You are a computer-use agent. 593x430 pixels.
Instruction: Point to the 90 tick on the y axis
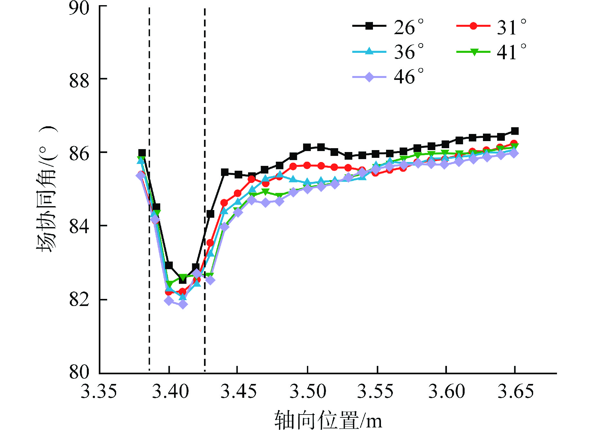point(79,8)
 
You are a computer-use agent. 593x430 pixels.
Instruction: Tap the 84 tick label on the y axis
point(79,226)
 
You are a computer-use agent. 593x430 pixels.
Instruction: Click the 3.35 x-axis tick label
point(98,392)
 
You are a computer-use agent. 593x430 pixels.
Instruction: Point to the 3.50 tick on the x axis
point(308,392)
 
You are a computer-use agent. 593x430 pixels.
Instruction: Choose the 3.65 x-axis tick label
point(515,392)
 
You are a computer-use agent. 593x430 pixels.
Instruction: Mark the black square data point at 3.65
point(515,131)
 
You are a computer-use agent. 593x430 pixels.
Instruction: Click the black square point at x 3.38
point(142,153)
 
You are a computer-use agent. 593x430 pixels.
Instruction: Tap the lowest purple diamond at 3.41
point(183,304)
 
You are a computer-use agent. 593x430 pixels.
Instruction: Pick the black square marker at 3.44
point(225,172)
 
